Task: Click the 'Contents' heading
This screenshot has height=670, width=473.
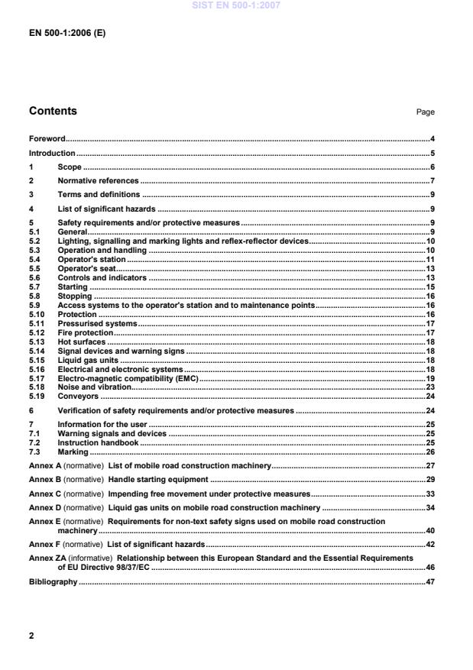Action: coord(53,111)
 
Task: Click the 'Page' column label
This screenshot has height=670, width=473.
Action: coord(425,112)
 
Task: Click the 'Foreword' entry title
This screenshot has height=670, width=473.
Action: coord(47,139)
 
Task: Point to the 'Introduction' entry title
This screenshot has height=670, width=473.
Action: coord(52,153)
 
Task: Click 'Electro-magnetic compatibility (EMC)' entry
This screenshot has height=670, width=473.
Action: coord(128,378)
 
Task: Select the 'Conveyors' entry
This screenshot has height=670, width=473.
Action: coord(78,396)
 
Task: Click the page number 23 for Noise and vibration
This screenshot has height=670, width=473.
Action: coord(430,387)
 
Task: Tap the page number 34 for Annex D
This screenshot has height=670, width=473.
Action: coord(430,507)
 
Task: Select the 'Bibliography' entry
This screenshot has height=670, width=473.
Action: coord(53,581)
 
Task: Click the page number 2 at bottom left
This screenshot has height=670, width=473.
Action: coord(31,634)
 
